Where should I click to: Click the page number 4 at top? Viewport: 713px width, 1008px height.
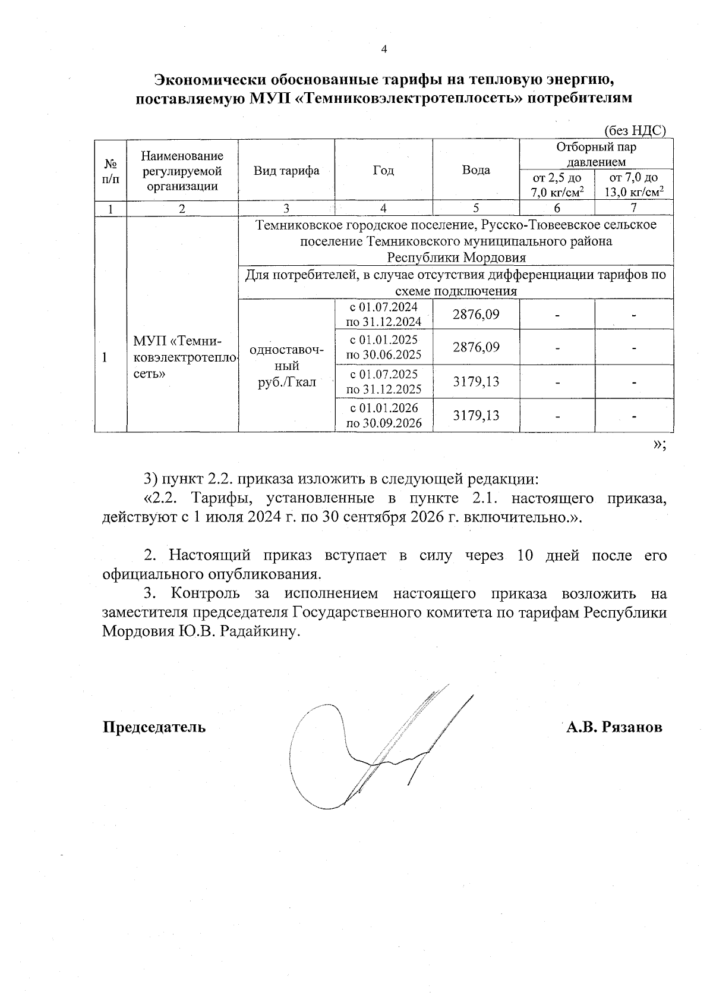(x=383, y=49)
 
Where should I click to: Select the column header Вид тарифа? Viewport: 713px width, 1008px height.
(x=286, y=171)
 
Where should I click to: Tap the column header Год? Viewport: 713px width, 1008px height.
(x=383, y=171)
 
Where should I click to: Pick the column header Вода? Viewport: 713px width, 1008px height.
(x=476, y=171)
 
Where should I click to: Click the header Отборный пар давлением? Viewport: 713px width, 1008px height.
(x=596, y=154)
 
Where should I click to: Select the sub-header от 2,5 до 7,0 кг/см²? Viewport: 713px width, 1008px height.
(x=557, y=184)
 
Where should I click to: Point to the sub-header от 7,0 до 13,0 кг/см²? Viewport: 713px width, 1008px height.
(x=634, y=184)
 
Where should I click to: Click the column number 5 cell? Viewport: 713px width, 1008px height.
(x=476, y=208)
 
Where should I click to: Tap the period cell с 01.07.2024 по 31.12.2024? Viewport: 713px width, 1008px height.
(x=383, y=314)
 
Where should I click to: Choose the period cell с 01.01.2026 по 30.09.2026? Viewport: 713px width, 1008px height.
(x=383, y=415)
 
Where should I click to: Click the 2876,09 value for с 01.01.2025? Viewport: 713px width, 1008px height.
(x=476, y=347)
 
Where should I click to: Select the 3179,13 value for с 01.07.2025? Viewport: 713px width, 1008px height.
(x=476, y=381)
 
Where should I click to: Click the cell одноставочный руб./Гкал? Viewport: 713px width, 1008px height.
(x=286, y=366)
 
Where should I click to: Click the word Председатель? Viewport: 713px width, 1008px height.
(x=154, y=727)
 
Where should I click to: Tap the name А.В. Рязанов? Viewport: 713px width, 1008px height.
(x=614, y=727)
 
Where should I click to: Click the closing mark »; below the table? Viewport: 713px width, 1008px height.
(x=659, y=445)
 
